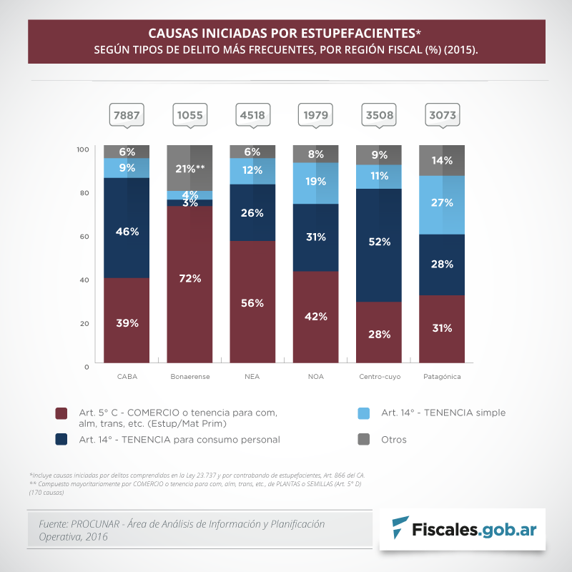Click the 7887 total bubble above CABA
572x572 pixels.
pyautogui.click(x=127, y=114)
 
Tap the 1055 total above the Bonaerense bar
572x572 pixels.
pyautogui.click(x=189, y=114)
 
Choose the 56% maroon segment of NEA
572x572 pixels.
pyautogui.click(x=252, y=303)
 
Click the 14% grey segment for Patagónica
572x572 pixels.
pyautogui.click(x=441, y=160)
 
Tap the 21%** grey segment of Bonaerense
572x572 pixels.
pyautogui.click(x=189, y=168)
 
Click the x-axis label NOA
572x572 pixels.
pyautogui.click(x=315, y=376)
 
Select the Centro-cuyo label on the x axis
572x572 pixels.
pyautogui.click(x=378, y=376)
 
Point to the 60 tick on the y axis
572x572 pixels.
pyautogui.click(x=85, y=236)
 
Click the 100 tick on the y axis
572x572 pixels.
pyautogui.click(x=83, y=149)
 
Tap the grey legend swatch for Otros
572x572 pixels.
pyautogui.click(x=363, y=439)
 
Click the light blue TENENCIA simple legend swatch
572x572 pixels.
pyautogui.click(x=363, y=413)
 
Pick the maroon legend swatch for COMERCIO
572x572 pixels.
pyautogui.click(x=61, y=413)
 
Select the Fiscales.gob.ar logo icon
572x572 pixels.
pyautogui.click(x=402, y=529)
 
